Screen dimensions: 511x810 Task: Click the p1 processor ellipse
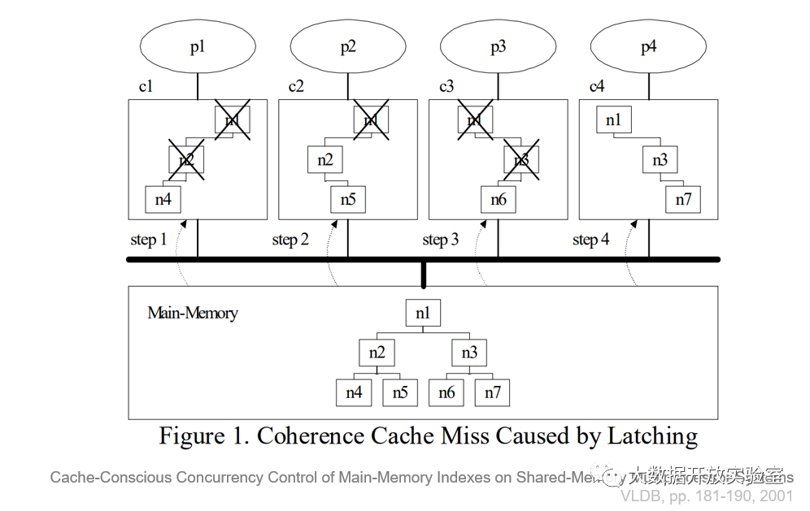point(198,47)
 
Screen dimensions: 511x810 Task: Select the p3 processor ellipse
point(498,47)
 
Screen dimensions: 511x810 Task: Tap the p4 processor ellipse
point(648,47)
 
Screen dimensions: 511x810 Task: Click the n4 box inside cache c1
point(163,198)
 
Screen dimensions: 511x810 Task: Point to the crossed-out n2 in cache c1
point(186,159)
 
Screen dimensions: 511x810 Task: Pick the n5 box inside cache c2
point(348,198)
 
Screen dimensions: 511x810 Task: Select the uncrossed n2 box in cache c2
point(324,159)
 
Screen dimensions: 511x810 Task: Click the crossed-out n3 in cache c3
point(521,160)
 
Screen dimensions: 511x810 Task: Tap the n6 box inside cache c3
point(499,198)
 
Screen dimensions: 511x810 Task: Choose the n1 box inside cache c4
point(613,120)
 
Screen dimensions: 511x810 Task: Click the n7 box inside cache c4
point(683,198)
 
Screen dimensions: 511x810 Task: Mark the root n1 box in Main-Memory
point(423,314)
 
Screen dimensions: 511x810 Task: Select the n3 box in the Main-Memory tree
point(469,353)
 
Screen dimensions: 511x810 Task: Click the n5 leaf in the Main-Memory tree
point(400,392)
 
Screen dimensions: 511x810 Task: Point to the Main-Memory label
point(193,313)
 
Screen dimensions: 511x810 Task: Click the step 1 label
point(148,240)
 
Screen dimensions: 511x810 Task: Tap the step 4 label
point(590,240)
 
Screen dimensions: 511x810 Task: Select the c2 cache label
point(296,86)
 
